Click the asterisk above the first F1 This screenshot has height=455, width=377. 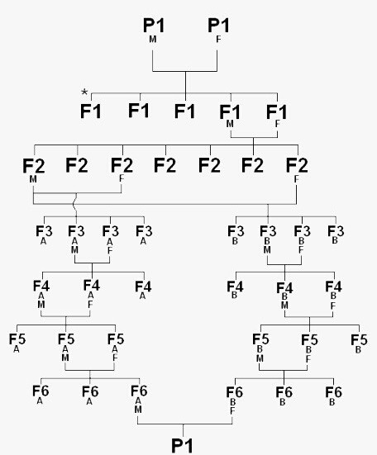coord(84,92)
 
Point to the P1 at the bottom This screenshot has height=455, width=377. coord(182,445)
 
